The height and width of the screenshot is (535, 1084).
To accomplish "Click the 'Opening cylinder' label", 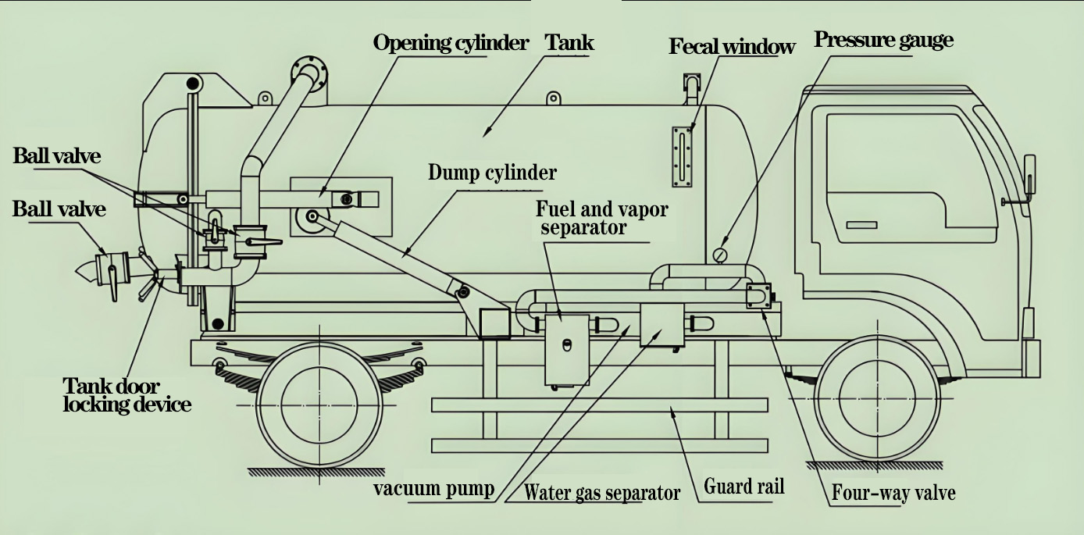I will [x=451, y=43].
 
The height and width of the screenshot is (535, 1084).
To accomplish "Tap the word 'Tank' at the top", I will [x=569, y=42].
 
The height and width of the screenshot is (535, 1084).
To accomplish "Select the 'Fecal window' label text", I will [x=732, y=47].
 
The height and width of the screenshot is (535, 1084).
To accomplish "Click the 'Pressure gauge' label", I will [x=883, y=40].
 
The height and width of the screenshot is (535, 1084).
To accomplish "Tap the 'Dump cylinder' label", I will [x=492, y=173].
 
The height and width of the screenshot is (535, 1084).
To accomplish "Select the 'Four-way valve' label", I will [x=893, y=494].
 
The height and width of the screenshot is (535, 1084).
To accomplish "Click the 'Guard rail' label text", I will [x=743, y=487].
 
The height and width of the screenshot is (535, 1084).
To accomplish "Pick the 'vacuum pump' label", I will [x=433, y=490].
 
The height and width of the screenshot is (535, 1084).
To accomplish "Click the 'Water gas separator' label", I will [x=601, y=493].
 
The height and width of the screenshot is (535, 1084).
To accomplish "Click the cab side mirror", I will [x=1029, y=175].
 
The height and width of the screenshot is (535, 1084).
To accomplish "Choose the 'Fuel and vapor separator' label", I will [x=601, y=219].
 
